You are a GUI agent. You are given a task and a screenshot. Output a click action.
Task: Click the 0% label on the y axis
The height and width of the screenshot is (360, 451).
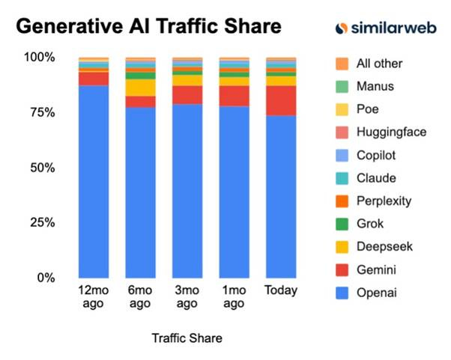pos(45,278)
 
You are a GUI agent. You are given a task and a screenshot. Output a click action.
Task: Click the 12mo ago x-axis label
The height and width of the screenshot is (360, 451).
pos(94,296)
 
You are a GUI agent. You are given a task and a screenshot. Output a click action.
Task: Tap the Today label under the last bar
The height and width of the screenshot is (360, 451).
pos(281,290)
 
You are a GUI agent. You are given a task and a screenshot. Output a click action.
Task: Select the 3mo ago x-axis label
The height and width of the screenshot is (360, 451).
pos(187,296)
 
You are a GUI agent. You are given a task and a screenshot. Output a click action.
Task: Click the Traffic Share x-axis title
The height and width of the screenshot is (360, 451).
pos(187,338)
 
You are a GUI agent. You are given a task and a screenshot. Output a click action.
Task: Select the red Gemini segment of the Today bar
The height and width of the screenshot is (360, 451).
pos(281,100)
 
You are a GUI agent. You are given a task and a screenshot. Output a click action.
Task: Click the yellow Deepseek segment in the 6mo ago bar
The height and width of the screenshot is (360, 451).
pos(140,87)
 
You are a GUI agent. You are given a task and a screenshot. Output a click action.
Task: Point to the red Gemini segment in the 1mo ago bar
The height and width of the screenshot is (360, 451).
pos(234,96)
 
